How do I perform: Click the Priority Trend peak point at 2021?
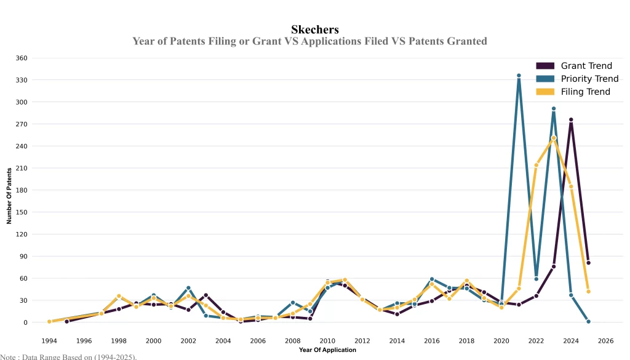coord(519,76)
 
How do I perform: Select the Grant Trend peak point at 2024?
coord(571,119)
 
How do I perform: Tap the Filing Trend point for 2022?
coord(536,165)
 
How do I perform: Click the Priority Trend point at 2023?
coord(554,109)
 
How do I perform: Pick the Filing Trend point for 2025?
coord(588,292)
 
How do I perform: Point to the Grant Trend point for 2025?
coord(588,263)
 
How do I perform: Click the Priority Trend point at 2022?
coord(536,279)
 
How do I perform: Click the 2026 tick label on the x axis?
coord(605,340)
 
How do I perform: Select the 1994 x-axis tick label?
coord(49,340)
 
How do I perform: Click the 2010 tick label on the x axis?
coord(327,340)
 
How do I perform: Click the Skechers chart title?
coord(314,30)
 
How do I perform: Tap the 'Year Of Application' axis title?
coord(327,350)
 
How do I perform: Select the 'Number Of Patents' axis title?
coord(9,196)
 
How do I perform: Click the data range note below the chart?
coord(68,356)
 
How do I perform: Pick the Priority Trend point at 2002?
coord(188,288)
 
